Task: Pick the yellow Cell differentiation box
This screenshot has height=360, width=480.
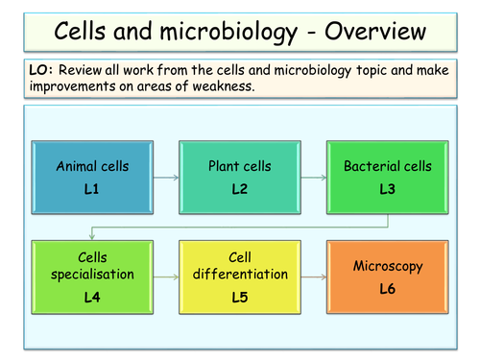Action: click(240, 276)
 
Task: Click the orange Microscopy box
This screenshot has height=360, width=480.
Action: click(387, 276)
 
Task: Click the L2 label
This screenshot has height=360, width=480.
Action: click(240, 189)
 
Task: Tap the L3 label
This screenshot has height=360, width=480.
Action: click(387, 189)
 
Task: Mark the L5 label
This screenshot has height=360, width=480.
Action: click(240, 296)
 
